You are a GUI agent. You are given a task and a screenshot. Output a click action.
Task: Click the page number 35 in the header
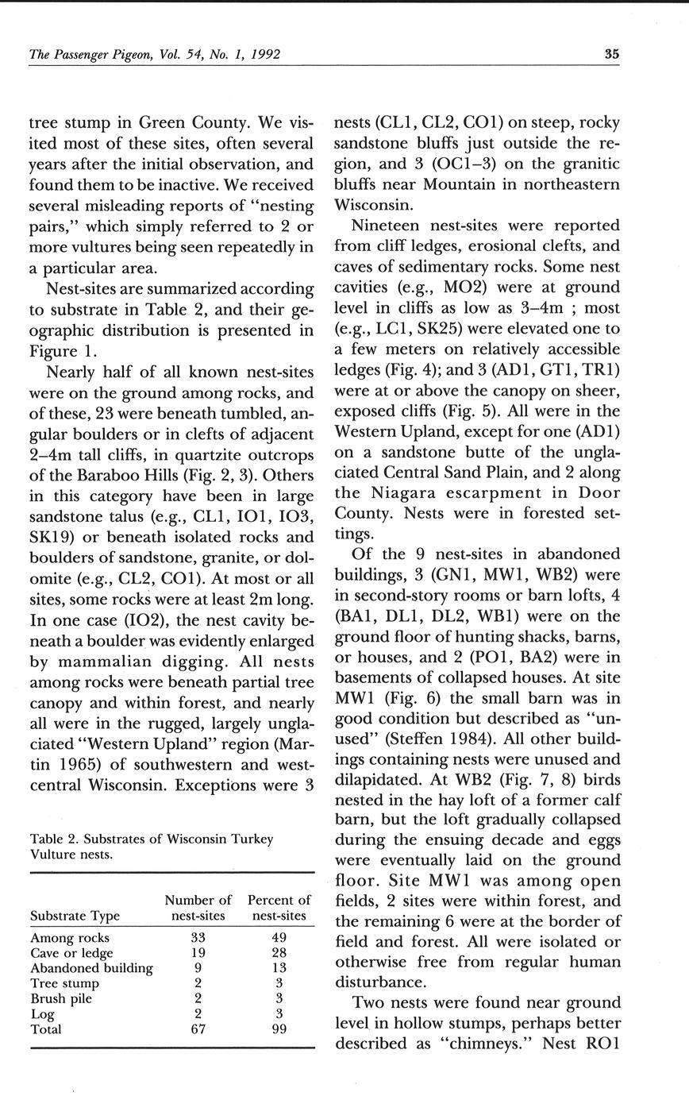(x=611, y=55)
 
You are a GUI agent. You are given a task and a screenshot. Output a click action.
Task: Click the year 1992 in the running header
(x=261, y=55)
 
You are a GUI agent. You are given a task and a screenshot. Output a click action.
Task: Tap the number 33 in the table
(x=198, y=937)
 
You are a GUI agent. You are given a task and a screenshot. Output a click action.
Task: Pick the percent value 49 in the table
(x=279, y=937)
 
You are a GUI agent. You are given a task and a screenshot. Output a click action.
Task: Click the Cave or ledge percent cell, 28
(x=279, y=952)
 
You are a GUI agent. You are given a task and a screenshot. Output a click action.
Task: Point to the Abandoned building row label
(x=91, y=967)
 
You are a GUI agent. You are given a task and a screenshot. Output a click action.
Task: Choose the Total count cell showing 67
(x=198, y=1029)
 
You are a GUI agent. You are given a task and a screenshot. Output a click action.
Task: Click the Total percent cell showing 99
(x=279, y=1029)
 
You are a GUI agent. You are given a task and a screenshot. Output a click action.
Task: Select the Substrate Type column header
(x=75, y=916)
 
